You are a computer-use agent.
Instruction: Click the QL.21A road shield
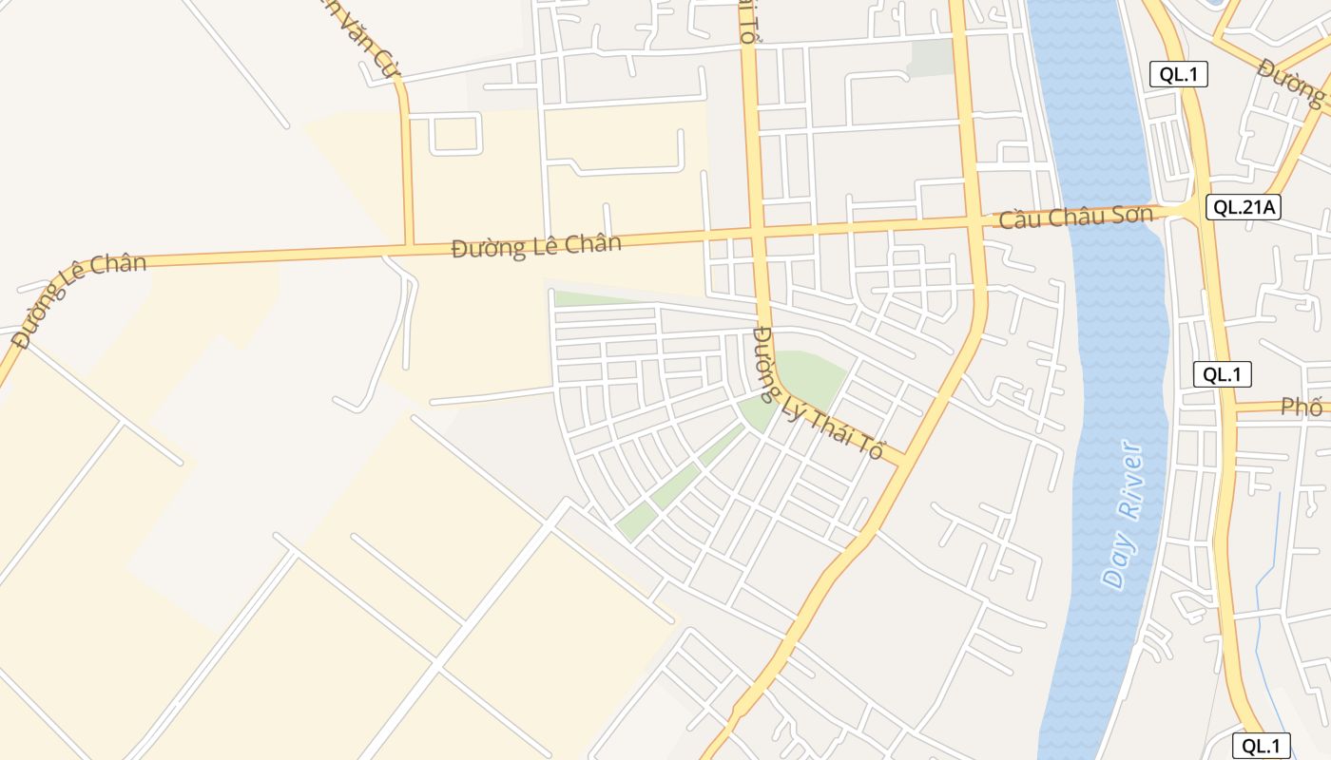tap(1244, 207)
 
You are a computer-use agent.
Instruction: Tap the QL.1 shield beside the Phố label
tap(1223, 374)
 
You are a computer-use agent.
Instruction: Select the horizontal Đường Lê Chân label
tap(536, 245)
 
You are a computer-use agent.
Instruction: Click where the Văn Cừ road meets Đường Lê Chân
tap(409, 246)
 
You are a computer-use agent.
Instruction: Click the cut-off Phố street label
tap(1302, 408)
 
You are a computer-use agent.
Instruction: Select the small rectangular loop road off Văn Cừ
tap(456, 133)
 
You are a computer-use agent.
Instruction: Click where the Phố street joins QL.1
tap(1229, 409)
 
